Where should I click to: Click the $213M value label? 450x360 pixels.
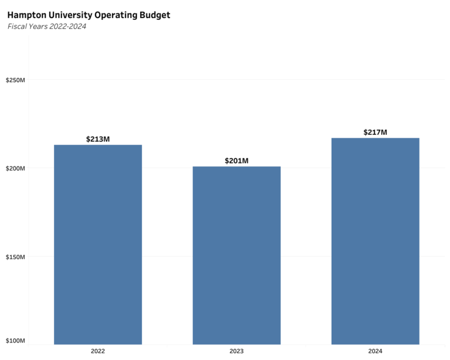coord(98,139)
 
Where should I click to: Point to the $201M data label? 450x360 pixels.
coord(237,161)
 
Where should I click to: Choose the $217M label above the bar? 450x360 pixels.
coord(375,133)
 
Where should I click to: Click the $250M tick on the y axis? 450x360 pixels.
coord(15,80)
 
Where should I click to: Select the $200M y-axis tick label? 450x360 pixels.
coord(15,168)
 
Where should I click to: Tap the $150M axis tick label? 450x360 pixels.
coord(15,257)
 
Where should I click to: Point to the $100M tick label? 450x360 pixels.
coord(15,341)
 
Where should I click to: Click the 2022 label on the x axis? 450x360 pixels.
coord(98,351)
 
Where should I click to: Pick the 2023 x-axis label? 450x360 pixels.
coord(237,351)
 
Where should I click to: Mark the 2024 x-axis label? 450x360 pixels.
coord(375,351)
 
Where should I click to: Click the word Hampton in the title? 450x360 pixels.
coord(26,15)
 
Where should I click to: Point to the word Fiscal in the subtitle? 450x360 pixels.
coord(17,26)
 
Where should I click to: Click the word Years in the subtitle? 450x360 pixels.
coord(38,26)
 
